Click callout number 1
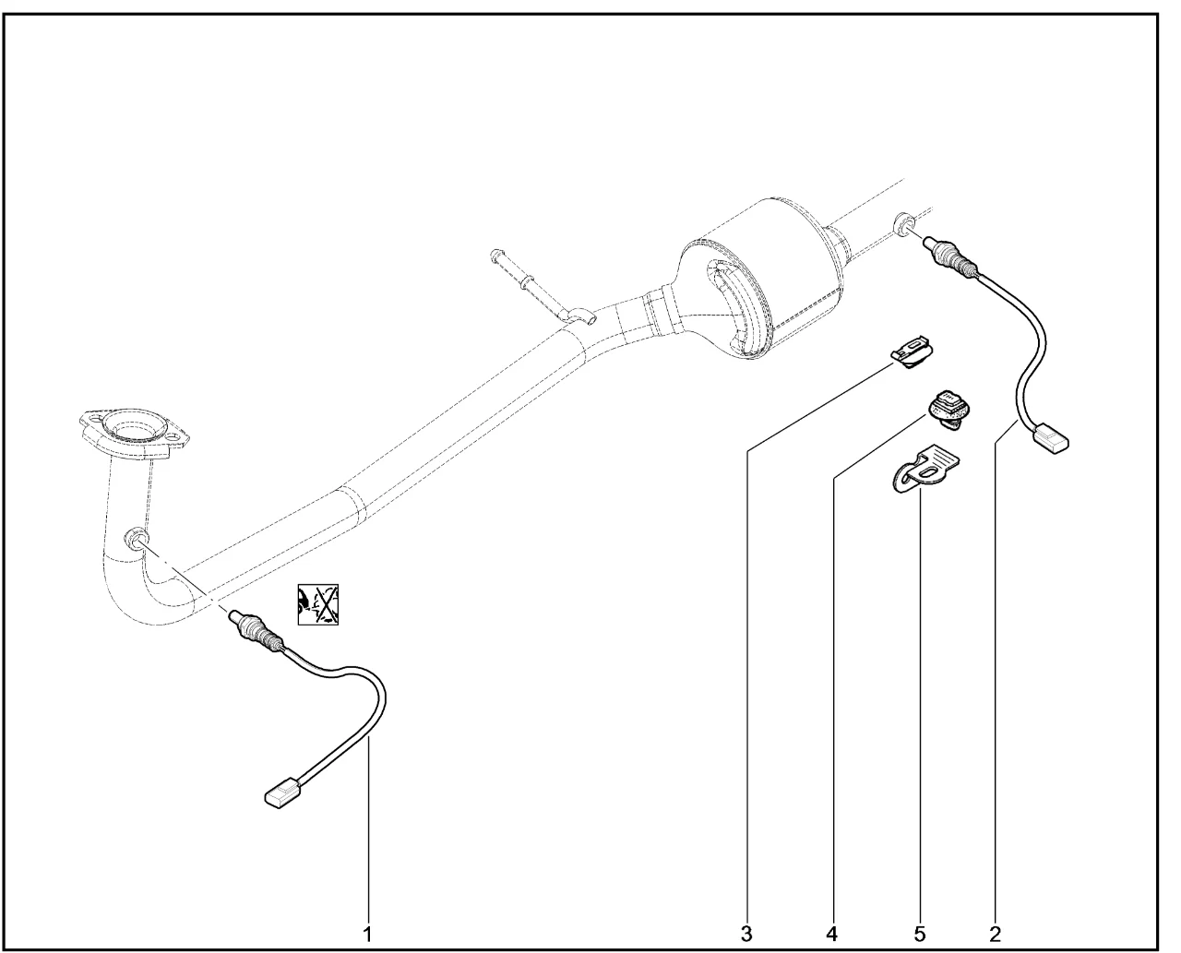[367, 935]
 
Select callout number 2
[995, 935]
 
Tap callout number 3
[746, 935]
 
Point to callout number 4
[831, 935]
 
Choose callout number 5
[920, 935]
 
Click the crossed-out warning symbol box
[317, 604]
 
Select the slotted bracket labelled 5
[925, 469]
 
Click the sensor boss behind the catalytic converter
[904, 222]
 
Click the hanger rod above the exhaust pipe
[541, 287]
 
